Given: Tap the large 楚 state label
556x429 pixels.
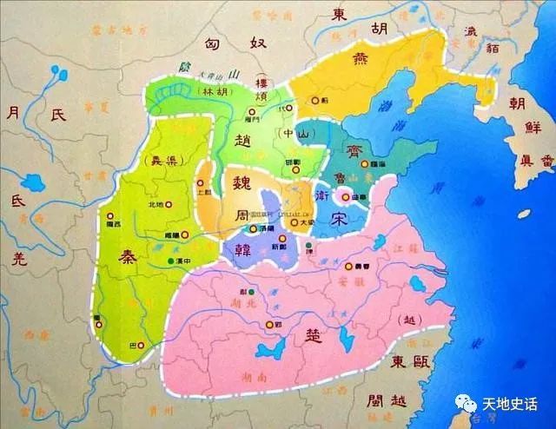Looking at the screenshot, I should click(311, 333).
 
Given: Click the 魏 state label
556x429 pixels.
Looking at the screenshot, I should click(235, 183).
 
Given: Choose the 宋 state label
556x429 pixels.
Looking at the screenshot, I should click(340, 221).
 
